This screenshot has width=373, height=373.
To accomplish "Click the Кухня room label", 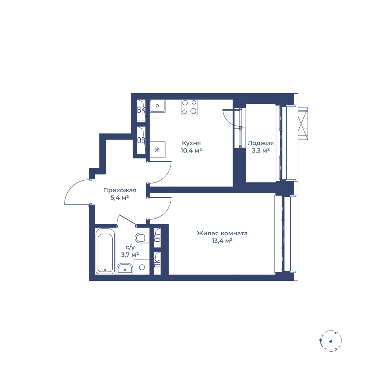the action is (x=191, y=143).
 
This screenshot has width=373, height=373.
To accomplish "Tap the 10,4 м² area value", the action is (x=191, y=150).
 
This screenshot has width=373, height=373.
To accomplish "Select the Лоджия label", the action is (x=260, y=143).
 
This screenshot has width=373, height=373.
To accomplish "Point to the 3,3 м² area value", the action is (x=261, y=150).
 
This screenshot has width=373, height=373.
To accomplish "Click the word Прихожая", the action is (x=120, y=190).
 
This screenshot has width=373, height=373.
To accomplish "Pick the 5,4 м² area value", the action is (x=120, y=197).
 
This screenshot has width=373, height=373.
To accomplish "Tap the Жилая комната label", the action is (x=222, y=233).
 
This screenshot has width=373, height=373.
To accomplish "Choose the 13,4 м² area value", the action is (x=222, y=241).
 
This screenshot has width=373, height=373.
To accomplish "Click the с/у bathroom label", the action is (x=130, y=248).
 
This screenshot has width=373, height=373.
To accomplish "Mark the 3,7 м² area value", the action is (x=130, y=255).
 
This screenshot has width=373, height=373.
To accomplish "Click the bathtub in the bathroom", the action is (x=105, y=251).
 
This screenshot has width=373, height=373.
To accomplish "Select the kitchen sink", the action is (x=157, y=106).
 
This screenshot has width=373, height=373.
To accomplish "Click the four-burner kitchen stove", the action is (x=189, y=107).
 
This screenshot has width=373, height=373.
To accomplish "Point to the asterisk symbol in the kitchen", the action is (x=157, y=150).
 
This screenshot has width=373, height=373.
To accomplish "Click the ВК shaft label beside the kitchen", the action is (x=141, y=110).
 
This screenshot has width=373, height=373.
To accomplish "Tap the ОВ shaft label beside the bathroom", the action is (x=157, y=238).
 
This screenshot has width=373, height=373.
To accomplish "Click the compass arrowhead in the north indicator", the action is (x=330, y=341).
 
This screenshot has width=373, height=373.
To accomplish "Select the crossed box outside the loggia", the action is (x=303, y=124).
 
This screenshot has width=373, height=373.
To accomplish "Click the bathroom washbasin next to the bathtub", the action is (x=125, y=269).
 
